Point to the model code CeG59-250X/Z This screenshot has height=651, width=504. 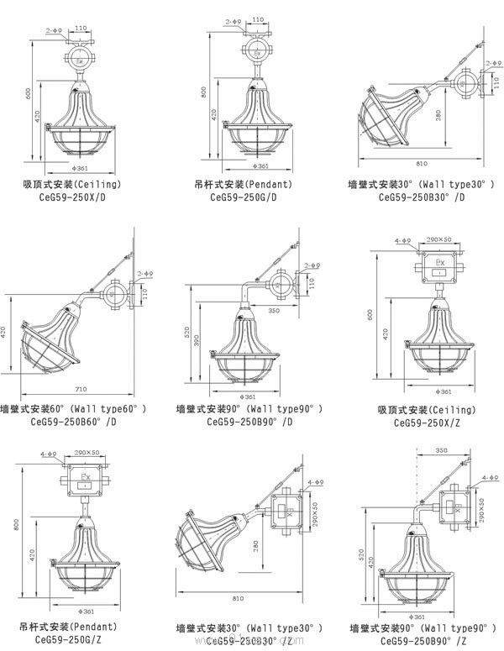coord(426,422)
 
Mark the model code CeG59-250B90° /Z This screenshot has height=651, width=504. coord(428,639)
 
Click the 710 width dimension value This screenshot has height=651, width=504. coord(81,390)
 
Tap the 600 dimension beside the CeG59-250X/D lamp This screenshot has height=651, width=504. coord(29,94)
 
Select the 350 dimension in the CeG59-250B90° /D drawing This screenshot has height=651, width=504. coord(273,310)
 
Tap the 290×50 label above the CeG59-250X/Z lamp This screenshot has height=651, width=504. coord(438,240)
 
